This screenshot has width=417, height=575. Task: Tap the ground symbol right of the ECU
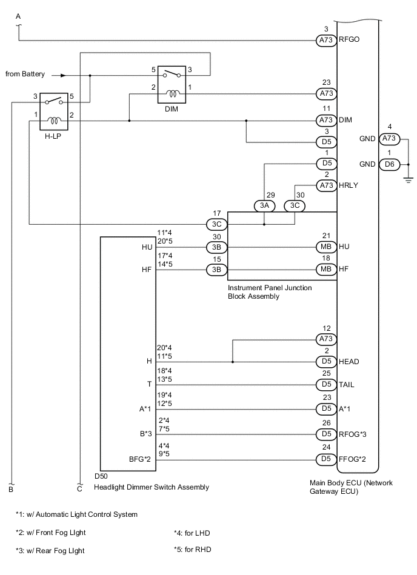pyautogui.click(x=408, y=178)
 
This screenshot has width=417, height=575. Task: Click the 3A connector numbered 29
pyautogui.click(x=264, y=205)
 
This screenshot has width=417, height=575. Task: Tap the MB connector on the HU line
pyautogui.click(x=325, y=247)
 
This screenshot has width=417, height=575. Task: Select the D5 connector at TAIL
pyautogui.click(x=325, y=385)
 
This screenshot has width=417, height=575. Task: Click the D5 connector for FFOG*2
pyautogui.click(x=325, y=459)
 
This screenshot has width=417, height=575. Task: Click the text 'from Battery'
pyautogui.click(x=25, y=75)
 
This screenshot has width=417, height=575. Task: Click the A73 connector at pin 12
pyautogui.click(x=325, y=339)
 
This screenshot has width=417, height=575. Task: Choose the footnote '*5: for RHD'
pyautogui.click(x=193, y=550)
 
